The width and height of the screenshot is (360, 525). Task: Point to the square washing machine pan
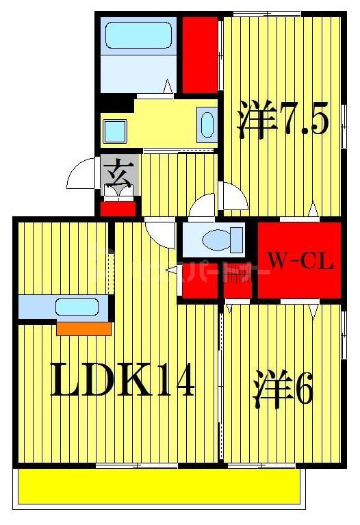114,128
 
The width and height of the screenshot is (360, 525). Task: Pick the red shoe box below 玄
118,208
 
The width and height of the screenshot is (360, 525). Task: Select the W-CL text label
300,261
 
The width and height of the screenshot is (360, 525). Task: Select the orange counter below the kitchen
83,329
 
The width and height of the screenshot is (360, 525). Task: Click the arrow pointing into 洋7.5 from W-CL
312,209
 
